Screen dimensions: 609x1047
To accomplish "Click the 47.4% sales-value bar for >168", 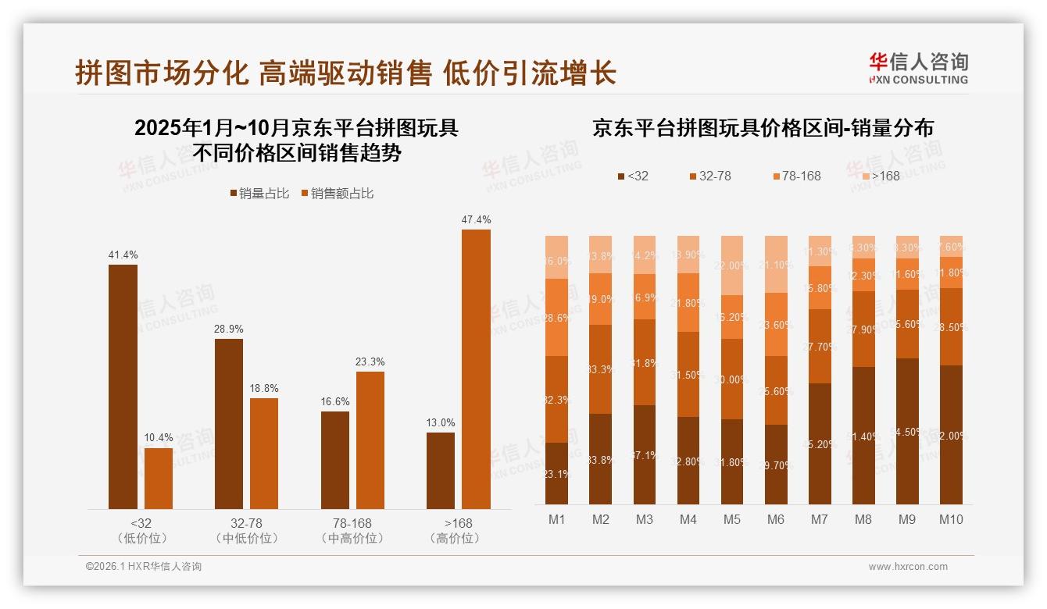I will coord(476,369).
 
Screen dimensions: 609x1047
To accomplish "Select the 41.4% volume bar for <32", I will coord(123,386).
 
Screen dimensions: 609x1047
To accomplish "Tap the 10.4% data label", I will coord(159,437).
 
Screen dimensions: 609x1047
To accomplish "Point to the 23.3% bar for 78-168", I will coord(370,440).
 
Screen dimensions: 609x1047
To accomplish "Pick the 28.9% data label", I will coord(229,328).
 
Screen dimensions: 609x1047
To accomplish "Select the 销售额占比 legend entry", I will coord(337,194).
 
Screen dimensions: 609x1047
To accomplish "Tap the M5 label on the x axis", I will coord(731,519).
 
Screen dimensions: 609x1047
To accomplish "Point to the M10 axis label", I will coord(950,519).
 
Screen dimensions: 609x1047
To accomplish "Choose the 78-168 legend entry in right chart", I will coord(796,176).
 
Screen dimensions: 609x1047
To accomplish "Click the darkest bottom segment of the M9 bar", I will coord(907,431).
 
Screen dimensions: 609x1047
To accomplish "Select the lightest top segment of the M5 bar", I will coord(732,265).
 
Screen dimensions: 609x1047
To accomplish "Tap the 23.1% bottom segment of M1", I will coord(557,473).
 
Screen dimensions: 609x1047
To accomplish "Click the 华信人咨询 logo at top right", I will coord(918,68).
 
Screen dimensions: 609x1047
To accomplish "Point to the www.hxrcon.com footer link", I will coord(908,567).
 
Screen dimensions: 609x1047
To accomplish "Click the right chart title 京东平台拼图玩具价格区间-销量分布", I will coord(763,128).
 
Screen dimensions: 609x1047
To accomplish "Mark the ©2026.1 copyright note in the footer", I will coord(144,567).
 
